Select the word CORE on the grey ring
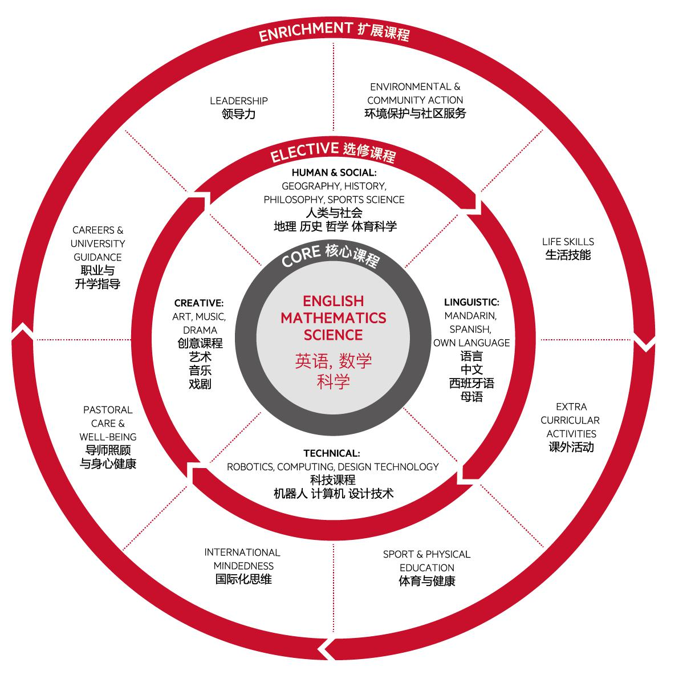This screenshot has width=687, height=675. pos(301,257)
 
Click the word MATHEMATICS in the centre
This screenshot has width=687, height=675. pos(333,318)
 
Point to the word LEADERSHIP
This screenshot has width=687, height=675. pos(239,101)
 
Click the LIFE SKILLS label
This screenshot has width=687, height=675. pos(568,242)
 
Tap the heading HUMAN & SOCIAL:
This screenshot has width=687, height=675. pos(334,172)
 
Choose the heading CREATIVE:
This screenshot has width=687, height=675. pos(199,303)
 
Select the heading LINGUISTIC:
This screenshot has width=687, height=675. pos(471,302)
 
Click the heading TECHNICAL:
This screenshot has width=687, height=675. pos(332,453)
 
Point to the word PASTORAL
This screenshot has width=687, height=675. pos(108,410)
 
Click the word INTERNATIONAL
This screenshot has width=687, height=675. pos(242,552)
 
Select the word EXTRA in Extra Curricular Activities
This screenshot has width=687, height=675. pos(571,407)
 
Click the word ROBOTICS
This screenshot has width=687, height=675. pos(250,467)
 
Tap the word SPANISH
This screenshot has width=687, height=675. pos(470,330)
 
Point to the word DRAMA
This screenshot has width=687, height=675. pos(200,330)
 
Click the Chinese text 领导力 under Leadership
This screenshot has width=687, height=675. pos(239,114)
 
